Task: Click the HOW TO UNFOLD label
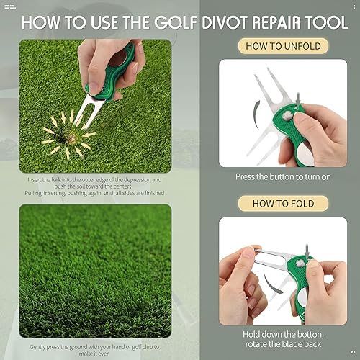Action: click(274, 47)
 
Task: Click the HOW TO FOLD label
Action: click(274, 204)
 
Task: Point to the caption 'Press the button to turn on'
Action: click(274, 175)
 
